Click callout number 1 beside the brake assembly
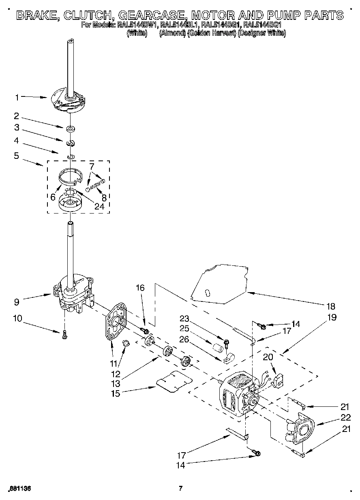coord(17,97)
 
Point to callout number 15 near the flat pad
coord(116,393)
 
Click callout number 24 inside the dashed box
coord(99,206)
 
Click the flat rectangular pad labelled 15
coord(174,381)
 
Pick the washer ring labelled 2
coord(71,129)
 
